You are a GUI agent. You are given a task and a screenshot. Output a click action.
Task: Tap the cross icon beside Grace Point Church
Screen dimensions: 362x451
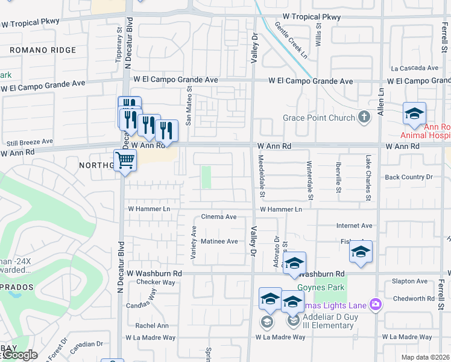(x=364, y=116)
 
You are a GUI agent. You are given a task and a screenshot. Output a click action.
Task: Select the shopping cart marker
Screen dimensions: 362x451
(x=125, y=161)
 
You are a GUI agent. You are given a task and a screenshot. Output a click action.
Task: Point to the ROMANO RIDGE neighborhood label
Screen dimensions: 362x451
(x=43, y=51)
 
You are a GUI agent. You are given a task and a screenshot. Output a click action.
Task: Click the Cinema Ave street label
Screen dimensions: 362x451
(x=219, y=217)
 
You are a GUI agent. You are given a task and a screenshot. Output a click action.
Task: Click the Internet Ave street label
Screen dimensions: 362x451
(x=354, y=226)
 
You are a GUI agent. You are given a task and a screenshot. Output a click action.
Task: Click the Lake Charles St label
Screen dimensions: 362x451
(x=368, y=178)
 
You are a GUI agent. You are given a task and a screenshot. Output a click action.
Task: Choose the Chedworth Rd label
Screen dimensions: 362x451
(x=409, y=299)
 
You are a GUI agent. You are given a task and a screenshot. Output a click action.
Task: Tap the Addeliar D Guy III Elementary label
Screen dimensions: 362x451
(x=323, y=321)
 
